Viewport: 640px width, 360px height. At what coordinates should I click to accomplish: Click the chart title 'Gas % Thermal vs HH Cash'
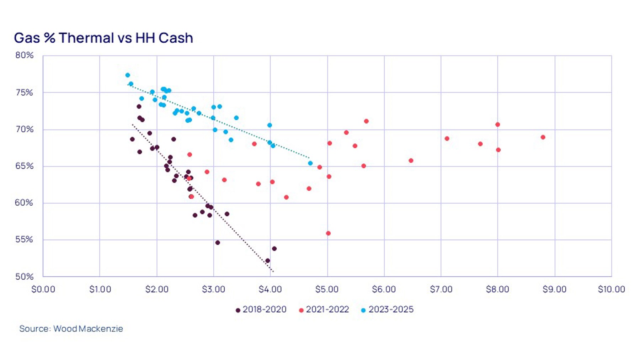point(103,38)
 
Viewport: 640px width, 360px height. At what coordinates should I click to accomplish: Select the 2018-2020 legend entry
point(261,309)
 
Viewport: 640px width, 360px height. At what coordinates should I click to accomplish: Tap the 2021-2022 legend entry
point(324,309)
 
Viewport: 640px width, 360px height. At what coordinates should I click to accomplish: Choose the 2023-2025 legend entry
point(387,309)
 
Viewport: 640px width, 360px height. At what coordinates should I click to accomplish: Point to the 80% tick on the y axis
point(24,55)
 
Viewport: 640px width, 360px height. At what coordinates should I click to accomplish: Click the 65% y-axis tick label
point(24,166)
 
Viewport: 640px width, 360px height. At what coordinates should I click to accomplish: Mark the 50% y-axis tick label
point(24,276)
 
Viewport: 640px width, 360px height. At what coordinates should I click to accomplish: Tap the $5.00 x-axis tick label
point(327,289)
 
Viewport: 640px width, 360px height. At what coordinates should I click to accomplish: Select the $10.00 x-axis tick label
point(611,289)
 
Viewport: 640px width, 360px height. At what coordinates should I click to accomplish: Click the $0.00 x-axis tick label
point(43,289)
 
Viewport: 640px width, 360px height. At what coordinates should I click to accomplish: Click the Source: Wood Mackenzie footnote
point(71,328)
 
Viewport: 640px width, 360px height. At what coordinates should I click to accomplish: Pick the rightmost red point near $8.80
point(543,137)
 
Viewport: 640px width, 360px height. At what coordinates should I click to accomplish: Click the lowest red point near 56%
point(328,233)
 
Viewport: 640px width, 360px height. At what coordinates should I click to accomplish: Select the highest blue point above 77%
point(128,75)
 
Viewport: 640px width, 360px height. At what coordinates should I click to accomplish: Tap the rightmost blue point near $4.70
point(310,163)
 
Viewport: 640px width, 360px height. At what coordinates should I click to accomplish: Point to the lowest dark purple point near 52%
point(267,261)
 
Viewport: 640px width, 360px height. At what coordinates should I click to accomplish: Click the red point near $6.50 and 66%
point(411,161)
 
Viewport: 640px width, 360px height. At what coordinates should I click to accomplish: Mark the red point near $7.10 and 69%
point(447,139)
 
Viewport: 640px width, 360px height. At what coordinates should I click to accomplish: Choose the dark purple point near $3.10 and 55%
point(218,243)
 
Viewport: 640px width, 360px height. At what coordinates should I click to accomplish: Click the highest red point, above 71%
point(366,121)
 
